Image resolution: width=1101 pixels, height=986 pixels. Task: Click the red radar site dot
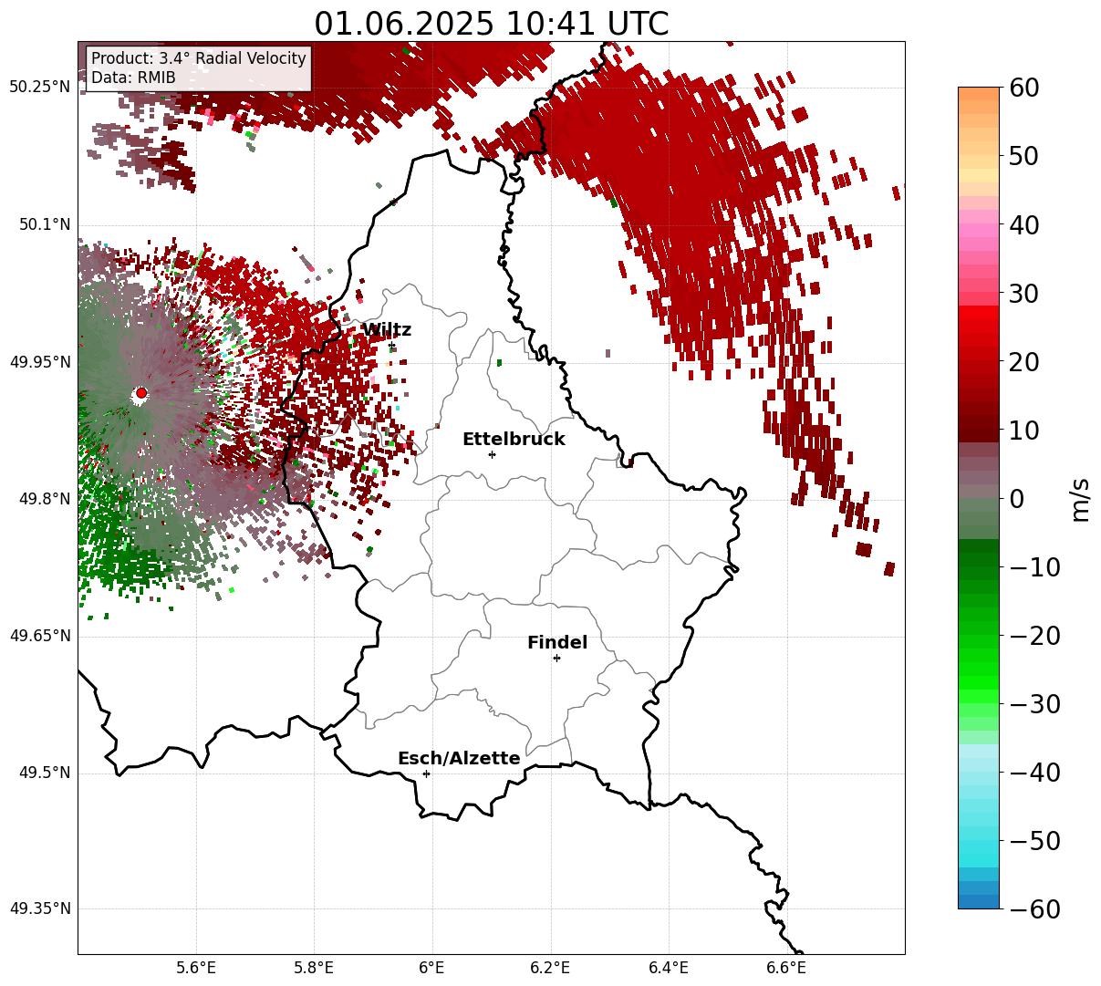pos(141,392)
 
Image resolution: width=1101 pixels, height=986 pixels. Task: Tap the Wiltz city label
pos(387,329)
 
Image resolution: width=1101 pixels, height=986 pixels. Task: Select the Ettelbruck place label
pos(514,439)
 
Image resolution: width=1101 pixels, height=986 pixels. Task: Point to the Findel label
pos(557,642)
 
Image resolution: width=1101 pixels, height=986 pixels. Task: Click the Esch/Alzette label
pos(459,758)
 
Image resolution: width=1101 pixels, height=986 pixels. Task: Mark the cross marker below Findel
pos(556,658)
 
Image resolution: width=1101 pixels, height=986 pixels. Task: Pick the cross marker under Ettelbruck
pos(492,454)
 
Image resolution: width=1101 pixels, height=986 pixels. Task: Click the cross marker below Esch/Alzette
pos(426,773)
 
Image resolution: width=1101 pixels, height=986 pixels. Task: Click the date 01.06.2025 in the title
pos(404,24)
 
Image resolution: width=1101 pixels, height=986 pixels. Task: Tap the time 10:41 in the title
pos(549,24)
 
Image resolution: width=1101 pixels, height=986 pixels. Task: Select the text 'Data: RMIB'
pos(133,78)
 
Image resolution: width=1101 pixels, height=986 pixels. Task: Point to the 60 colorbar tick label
pos(1023,88)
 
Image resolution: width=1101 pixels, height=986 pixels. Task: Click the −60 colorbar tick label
pos(1034,909)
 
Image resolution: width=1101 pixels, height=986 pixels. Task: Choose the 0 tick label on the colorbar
pos(1016,498)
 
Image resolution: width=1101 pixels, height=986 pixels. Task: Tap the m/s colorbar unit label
pos(1081,500)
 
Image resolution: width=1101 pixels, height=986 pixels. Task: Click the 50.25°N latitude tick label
pos(39,87)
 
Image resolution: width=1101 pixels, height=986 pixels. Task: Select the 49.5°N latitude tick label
pos(45,773)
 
